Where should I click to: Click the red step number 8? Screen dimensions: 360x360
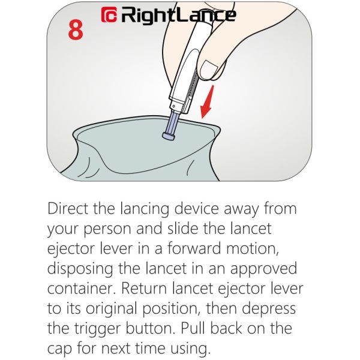(75, 31)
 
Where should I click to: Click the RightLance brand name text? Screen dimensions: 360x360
(178, 15)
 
